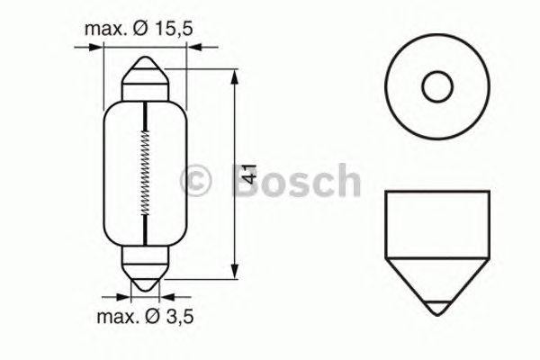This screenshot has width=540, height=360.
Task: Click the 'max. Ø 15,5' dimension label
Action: [x=140, y=29]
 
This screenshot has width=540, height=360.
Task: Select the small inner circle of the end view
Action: [x=436, y=88]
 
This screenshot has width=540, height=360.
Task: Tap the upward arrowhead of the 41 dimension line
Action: [x=234, y=72]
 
